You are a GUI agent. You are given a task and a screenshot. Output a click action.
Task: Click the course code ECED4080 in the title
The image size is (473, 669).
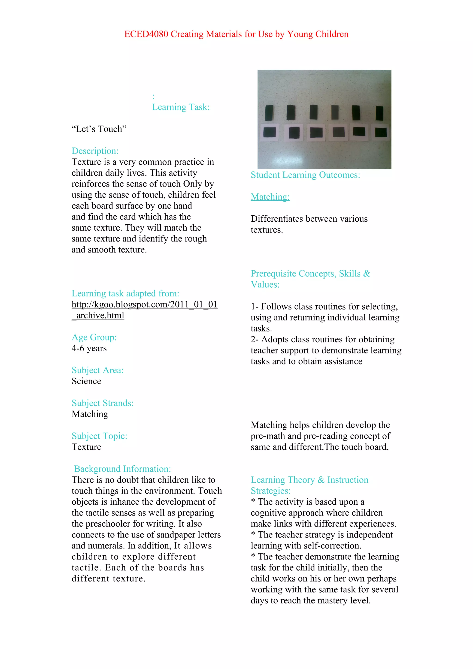tap(146, 34)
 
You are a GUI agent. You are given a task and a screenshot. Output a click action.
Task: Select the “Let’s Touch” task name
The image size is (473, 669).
tap(99, 129)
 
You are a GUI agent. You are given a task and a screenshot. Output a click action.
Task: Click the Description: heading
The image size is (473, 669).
tap(95, 151)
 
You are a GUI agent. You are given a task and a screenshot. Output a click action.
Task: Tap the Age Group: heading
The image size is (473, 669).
tap(94, 338)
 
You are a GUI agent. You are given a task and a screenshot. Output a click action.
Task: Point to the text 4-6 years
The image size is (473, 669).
tap(89, 349)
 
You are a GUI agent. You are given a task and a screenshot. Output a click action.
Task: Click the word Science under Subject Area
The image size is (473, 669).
tap(87, 381)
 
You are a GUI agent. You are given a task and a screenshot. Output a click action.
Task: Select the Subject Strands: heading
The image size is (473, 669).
tap(103, 403)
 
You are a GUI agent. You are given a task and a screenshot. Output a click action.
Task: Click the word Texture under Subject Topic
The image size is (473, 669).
tap(87, 447)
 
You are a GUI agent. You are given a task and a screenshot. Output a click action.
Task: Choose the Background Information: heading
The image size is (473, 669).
tap(122, 469)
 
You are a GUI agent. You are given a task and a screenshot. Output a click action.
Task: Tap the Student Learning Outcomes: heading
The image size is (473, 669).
tap(305, 175)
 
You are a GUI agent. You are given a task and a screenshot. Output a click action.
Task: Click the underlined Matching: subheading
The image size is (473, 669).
tap(270, 197)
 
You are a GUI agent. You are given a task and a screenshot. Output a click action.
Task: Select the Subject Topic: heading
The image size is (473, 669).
tap(99, 436)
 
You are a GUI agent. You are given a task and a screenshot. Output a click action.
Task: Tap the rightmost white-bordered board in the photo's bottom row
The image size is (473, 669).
tap(381, 132)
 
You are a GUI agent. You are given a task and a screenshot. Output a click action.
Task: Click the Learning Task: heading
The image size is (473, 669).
tap(181, 107)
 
